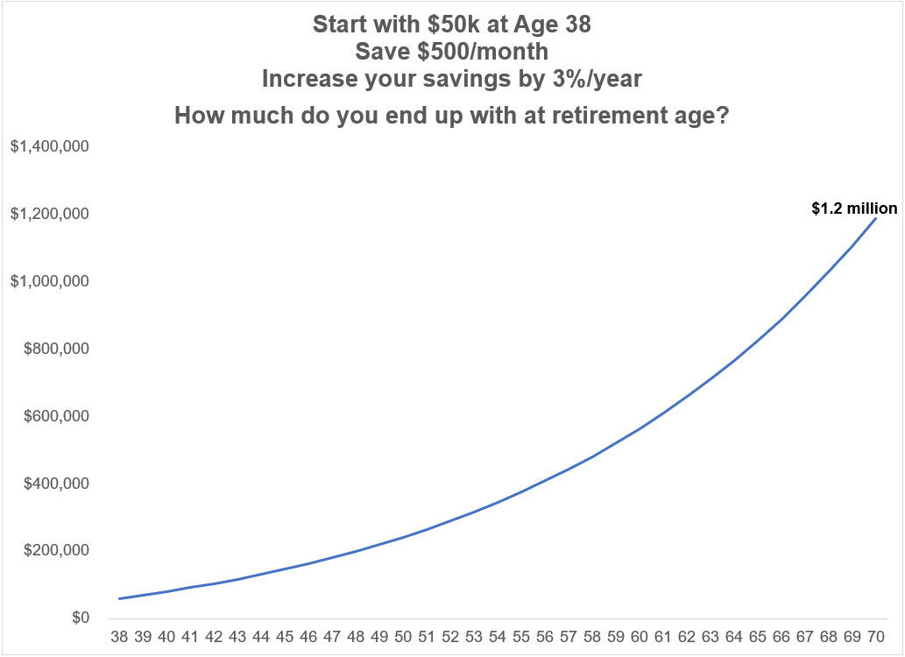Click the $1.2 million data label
click(x=854, y=208)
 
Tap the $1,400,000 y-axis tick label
click(x=50, y=146)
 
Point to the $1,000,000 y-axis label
click(x=50, y=281)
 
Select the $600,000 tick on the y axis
click(x=56, y=416)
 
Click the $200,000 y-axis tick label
click(x=56, y=550)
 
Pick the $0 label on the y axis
click(x=81, y=618)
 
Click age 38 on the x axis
click(x=119, y=637)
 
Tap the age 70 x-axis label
click(x=875, y=637)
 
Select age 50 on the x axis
click(x=403, y=637)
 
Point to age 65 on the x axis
click(x=757, y=637)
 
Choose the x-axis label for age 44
click(x=261, y=637)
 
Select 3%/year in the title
click(x=597, y=79)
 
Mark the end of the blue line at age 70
click(x=875, y=218)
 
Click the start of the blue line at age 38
click(x=119, y=598)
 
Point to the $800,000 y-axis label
click(x=56, y=348)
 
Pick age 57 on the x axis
click(x=569, y=637)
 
